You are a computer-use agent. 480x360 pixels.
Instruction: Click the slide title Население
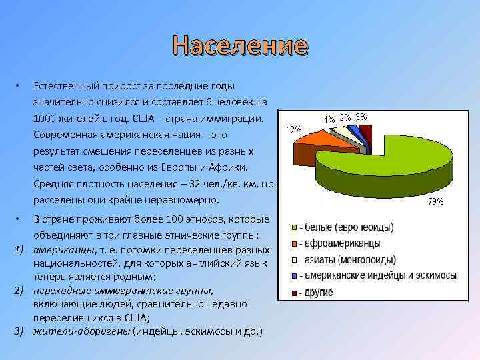click(239, 46)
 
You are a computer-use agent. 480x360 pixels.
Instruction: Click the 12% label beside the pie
click(293, 129)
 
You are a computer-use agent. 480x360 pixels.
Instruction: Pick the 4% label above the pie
click(329, 119)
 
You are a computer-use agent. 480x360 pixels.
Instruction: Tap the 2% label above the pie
click(345, 117)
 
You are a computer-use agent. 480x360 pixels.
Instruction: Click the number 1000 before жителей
click(45, 118)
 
